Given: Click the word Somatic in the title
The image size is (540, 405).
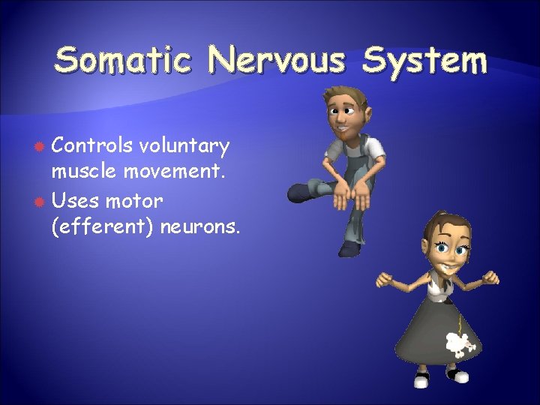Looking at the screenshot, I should tap(124, 60).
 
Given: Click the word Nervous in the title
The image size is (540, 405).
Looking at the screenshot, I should tap(277, 60).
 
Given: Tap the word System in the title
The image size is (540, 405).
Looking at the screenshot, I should tap(424, 60).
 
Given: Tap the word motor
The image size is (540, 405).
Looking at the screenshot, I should tap(134, 200).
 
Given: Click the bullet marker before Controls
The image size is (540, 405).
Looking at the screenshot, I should tap(38, 144).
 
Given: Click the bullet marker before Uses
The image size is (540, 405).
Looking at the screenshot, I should tap(38, 201).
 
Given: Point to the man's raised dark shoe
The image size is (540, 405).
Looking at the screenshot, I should tap(301, 193).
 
